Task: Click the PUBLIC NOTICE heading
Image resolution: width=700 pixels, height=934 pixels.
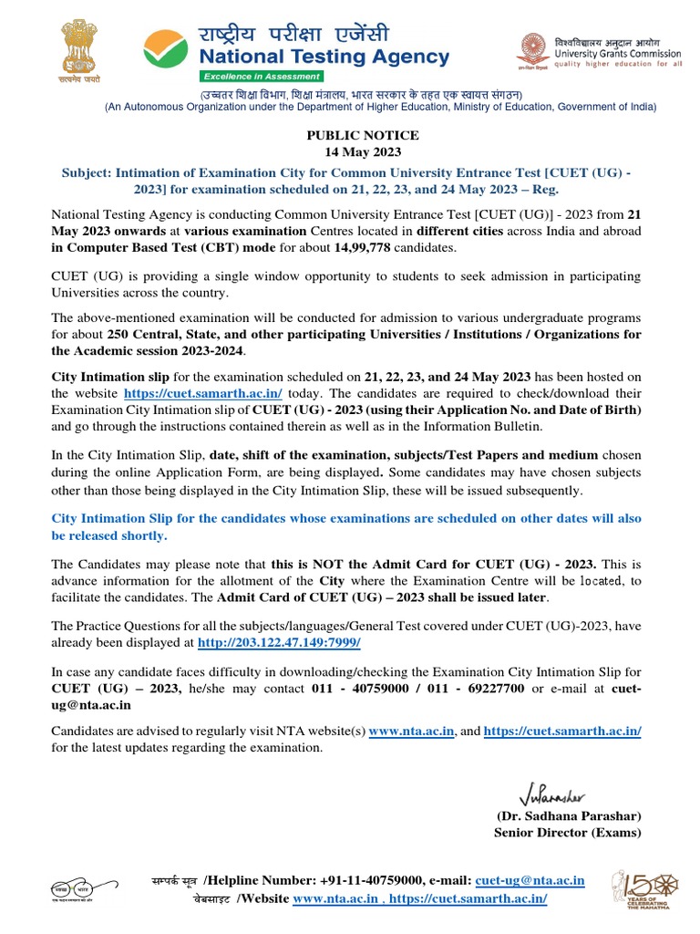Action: pos(363,135)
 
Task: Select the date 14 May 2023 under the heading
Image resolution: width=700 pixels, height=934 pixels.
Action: pos(363,151)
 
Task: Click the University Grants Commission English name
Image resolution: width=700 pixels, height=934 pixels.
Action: pos(612,54)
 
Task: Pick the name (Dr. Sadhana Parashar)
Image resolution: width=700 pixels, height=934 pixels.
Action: pos(569,815)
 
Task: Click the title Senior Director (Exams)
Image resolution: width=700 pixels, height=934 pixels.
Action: pos(567,833)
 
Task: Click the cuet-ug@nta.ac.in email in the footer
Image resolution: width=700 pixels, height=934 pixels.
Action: pos(531,880)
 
